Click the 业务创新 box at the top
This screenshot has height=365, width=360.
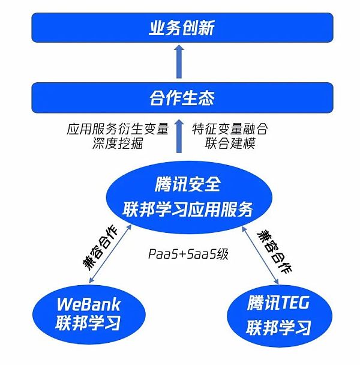coord(182,28)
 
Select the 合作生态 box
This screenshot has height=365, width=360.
coord(182,98)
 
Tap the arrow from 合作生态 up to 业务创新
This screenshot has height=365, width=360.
coord(179,61)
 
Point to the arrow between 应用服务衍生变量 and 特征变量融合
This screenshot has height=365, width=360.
coord(179,136)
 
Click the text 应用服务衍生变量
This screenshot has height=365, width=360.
coord(118,128)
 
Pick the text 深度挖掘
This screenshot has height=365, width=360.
coord(118,143)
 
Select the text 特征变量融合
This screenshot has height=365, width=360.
coord(230,128)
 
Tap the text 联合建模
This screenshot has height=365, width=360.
coord(230,143)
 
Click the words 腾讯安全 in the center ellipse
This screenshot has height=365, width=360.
coord(188,184)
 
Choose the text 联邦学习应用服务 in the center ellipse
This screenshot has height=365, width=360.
coord(188,210)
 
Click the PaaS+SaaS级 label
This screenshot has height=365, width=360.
coord(188,254)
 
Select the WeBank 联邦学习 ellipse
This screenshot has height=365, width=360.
coord(89,314)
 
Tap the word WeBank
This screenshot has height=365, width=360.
coord(89,304)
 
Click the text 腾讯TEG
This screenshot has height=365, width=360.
coord(278,303)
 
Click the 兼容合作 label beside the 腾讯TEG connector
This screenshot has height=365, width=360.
coord(275,252)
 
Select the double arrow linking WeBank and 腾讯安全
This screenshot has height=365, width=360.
coord(110,254)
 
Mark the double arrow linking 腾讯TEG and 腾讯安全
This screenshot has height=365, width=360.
coord(260,255)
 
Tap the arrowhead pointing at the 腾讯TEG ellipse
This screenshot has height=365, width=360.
coord(277,282)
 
